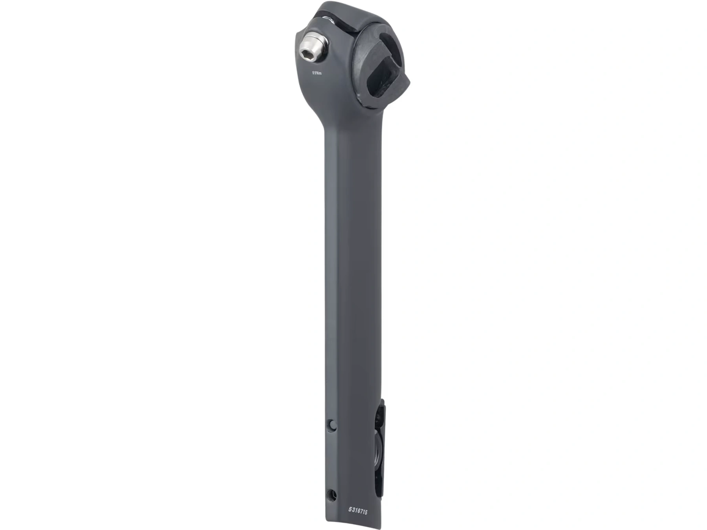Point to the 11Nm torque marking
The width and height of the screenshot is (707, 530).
[x=317, y=73]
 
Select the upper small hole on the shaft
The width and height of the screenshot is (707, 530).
[x=332, y=424]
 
